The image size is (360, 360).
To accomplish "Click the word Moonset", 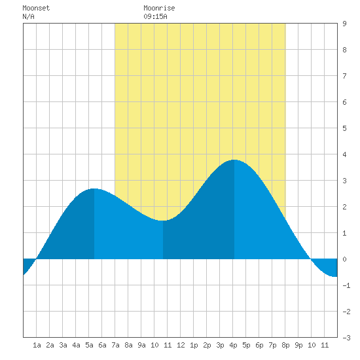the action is pyautogui.click(x=36, y=8).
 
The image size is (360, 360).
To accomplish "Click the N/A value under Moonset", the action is pyautogui.click(x=28, y=16).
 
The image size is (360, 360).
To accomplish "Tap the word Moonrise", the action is pyautogui.click(x=159, y=8).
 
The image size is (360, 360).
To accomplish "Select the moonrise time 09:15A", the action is pyautogui.click(x=155, y=16).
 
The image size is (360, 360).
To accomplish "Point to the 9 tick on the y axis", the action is pyautogui.click(x=344, y=24).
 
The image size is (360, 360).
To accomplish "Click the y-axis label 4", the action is pyautogui.click(x=344, y=154).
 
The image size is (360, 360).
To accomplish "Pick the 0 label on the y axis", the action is pyautogui.click(x=344, y=259).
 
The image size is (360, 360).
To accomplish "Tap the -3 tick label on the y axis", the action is pyautogui.click(x=346, y=338).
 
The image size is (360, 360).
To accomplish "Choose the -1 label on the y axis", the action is pyautogui.click(x=346, y=285).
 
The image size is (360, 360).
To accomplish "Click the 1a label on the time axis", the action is pyautogui.click(x=37, y=345).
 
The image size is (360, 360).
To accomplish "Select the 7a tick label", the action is pyautogui.click(x=115, y=345).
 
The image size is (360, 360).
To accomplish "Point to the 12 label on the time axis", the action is pyautogui.click(x=181, y=345).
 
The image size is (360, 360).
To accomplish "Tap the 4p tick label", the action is pyautogui.click(x=233, y=345).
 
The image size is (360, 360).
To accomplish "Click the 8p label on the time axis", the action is pyautogui.click(x=285, y=345).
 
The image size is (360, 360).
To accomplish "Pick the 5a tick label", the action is pyautogui.click(x=89, y=345).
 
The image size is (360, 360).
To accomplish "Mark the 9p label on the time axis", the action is pyautogui.click(x=298, y=345).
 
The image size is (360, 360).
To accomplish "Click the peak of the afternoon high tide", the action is pyautogui.click(x=234, y=160).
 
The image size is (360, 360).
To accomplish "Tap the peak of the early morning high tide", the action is pyautogui.click(x=94, y=189).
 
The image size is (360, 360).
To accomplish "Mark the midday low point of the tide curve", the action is pyautogui.click(x=162, y=221).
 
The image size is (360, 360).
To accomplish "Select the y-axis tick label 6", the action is pyautogui.click(x=344, y=102).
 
